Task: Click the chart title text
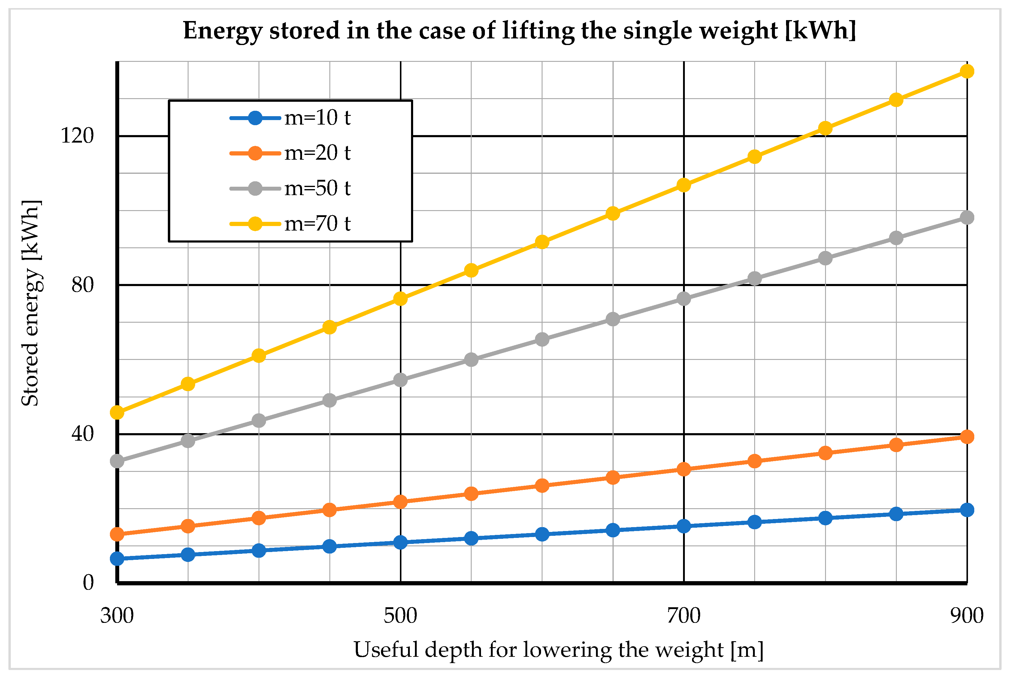[x=519, y=31]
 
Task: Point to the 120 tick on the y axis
[x=77, y=136]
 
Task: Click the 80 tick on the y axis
[x=82, y=285]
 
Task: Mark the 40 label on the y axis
[x=82, y=434]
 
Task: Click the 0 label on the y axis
[x=88, y=583]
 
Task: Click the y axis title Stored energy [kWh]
[x=31, y=303]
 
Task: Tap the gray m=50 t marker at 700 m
[x=683, y=299]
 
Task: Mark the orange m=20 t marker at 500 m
[x=400, y=502]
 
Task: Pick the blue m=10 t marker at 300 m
[x=117, y=559]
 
